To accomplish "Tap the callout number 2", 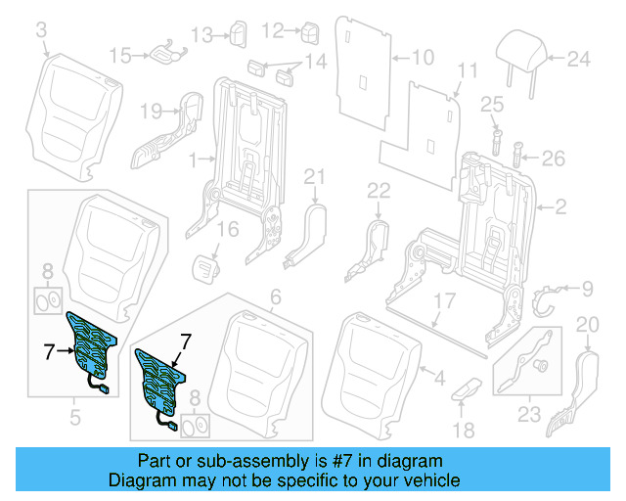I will click(x=560, y=206).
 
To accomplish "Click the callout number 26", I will click(x=553, y=158).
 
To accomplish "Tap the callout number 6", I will click(x=275, y=296).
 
